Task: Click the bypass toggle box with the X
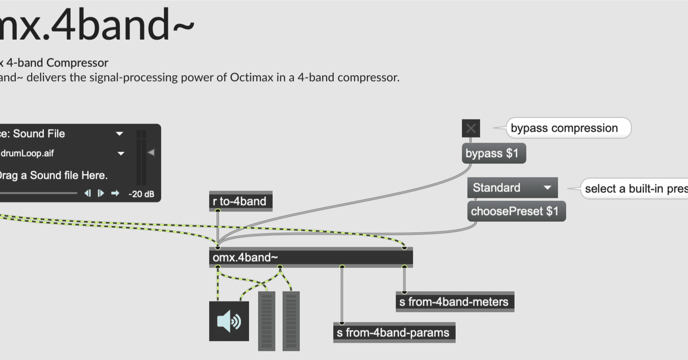[471, 128]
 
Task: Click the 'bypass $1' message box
[493, 154]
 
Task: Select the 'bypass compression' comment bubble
[568, 128]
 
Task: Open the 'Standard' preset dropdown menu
[512, 188]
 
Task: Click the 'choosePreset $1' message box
[516, 211]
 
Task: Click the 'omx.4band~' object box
[310, 257]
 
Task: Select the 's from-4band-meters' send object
[455, 302]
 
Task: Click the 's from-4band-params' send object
[394, 333]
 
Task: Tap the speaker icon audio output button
[229, 321]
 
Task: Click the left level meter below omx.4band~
[267, 321]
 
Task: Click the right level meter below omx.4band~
[291, 321]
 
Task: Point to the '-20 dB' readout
[141, 194]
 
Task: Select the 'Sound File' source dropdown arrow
[119, 134]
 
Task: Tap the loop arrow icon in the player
[114, 193]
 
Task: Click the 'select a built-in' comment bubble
[634, 189]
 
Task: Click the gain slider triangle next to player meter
[151, 153]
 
